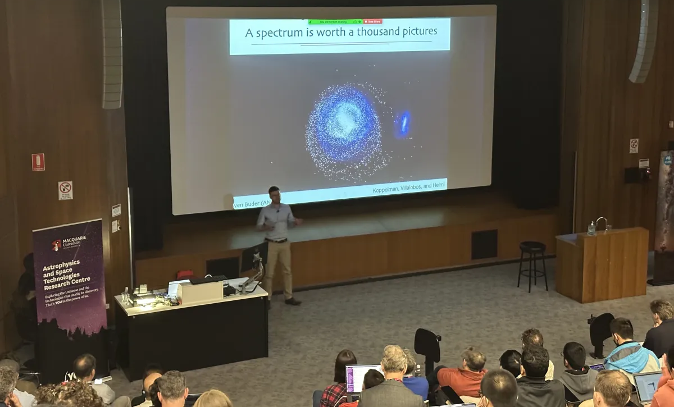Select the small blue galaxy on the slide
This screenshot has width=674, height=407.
(x=403, y=124)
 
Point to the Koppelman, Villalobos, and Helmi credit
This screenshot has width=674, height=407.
(x=408, y=190)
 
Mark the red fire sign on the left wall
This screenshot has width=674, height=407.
(x=38, y=162)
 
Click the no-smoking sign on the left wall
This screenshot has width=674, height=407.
(x=65, y=190)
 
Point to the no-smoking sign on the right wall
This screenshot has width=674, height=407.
(x=634, y=145)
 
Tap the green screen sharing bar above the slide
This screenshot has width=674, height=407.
(x=334, y=22)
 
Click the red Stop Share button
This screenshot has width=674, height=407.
(x=372, y=21)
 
